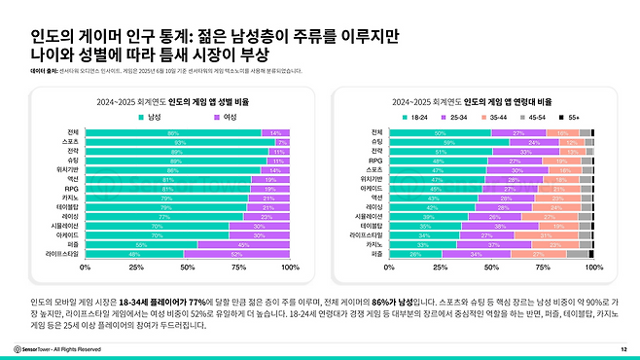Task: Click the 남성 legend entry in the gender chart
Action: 151,116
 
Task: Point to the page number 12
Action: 622,347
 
